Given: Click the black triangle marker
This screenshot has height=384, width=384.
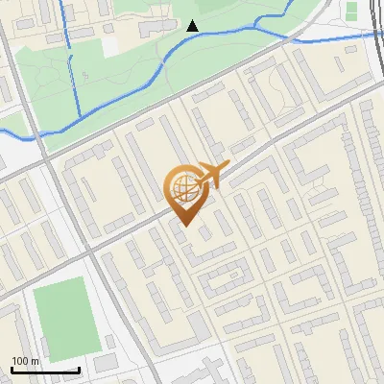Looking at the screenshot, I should (193, 26).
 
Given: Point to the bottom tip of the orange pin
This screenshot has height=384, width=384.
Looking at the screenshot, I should (184, 227).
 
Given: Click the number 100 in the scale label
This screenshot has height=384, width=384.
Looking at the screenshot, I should (20, 360).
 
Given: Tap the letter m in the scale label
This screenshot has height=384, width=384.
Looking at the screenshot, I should (36, 360).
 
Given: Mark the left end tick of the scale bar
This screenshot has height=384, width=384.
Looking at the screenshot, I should (12, 369).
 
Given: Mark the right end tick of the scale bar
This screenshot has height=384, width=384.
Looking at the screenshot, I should (79, 369).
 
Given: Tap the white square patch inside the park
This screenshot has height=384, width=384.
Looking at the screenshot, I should (109, 44).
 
